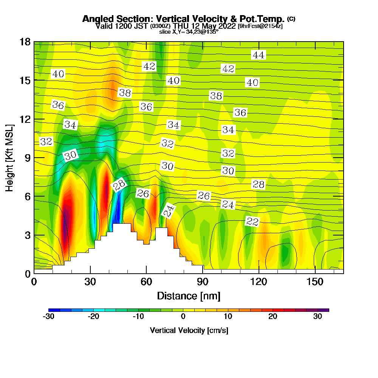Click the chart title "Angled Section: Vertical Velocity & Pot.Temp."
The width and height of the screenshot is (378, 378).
(x=183, y=19)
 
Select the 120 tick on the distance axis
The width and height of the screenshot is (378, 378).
(x=259, y=282)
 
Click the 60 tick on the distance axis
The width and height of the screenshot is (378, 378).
(x=146, y=282)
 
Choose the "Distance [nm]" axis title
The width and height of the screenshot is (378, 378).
(x=189, y=296)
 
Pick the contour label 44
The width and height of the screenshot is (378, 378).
(x=258, y=55)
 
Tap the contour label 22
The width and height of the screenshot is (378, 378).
(x=252, y=222)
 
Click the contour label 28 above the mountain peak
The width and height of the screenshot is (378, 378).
(x=119, y=185)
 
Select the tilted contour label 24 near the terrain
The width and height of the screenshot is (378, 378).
(x=169, y=211)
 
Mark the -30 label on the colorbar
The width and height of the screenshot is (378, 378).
(x=49, y=317)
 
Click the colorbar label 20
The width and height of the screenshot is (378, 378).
(x=273, y=317)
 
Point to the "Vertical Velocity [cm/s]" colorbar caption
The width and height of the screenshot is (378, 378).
(x=189, y=330)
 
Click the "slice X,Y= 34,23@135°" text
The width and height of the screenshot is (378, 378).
(x=189, y=32)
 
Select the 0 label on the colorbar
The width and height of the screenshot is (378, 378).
(x=183, y=317)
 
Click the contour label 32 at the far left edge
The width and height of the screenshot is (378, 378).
(x=46, y=142)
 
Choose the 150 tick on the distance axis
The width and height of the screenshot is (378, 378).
(x=315, y=282)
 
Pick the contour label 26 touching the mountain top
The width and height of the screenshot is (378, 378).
(x=143, y=194)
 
